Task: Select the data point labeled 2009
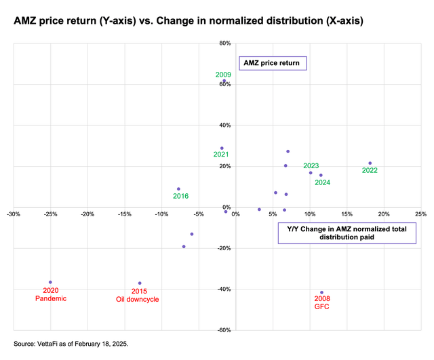tap(224, 81)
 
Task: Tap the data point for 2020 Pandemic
tap(50, 282)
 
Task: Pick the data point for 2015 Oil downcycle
tap(140, 283)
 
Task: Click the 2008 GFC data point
tap(321, 292)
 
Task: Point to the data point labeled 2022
tap(370, 163)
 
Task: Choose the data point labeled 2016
tap(178, 189)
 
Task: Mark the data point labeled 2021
tap(222, 148)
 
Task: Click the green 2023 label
tap(311, 165)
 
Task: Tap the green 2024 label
tap(322, 182)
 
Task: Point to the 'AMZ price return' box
tap(273, 63)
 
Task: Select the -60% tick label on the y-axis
tap(224, 330)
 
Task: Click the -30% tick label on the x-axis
tap(13, 214)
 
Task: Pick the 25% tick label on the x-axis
tap(420, 214)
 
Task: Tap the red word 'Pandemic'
tap(51, 298)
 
